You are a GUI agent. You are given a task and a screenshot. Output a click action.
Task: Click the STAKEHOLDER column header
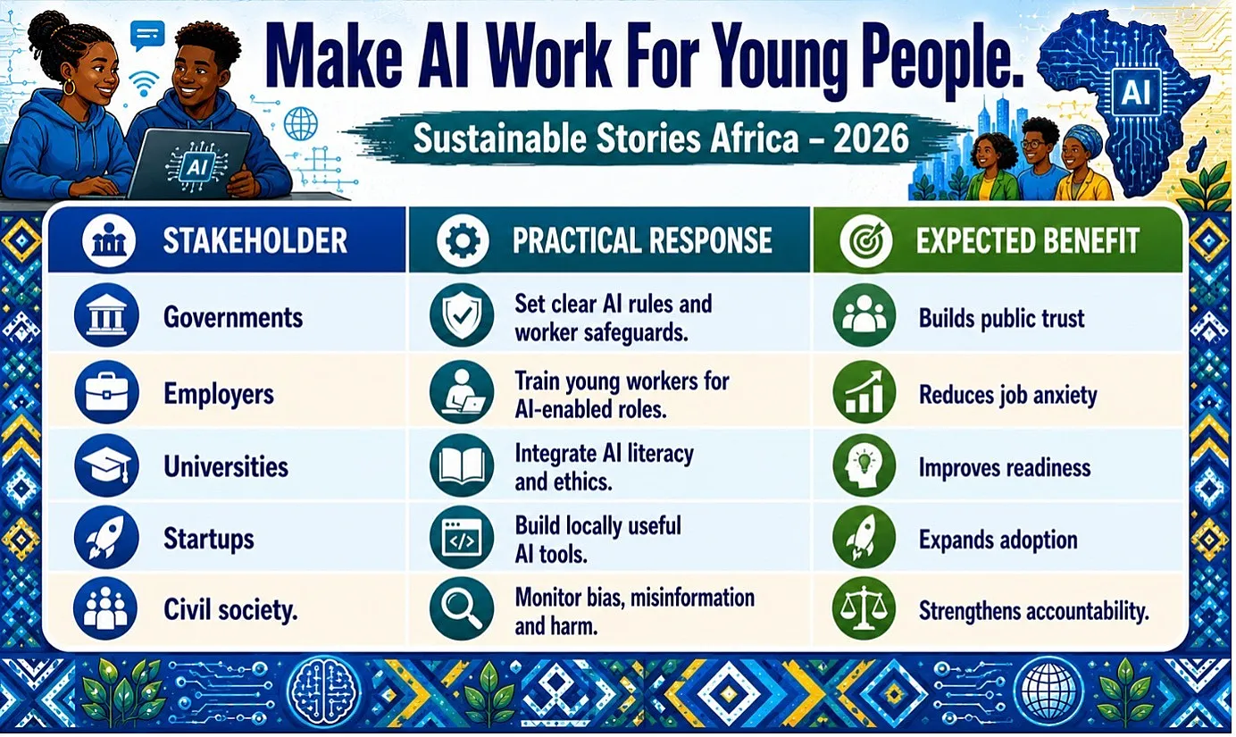pyautogui.click(x=255, y=240)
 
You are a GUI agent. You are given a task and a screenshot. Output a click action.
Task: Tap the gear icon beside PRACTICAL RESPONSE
pyautogui.click(x=463, y=240)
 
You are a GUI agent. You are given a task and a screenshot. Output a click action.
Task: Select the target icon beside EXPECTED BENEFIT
pyautogui.click(x=865, y=240)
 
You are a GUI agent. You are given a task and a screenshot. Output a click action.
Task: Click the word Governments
pyautogui.click(x=233, y=317)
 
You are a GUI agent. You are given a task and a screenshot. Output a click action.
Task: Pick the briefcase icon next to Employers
pyautogui.click(x=106, y=392)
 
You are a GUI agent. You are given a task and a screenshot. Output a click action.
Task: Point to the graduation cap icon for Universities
pyautogui.click(x=106, y=465)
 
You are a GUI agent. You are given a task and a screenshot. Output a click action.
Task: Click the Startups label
pyautogui.click(x=209, y=539)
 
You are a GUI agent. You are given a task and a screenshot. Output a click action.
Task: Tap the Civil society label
pyautogui.click(x=230, y=610)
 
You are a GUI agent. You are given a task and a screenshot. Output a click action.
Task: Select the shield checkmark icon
pyautogui.click(x=462, y=315)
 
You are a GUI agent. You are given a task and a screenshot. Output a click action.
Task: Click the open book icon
pyautogui.click(x=462, y=465)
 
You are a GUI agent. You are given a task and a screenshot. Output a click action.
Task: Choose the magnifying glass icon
pyautogui.click(x=462, y=608)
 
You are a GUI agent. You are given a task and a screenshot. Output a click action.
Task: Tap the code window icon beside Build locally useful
pyautogui.click(x=462, y=537)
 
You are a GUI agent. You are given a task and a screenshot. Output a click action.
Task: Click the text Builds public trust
pyautogui.click(x=1001, y=319)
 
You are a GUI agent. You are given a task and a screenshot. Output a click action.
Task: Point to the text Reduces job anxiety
pyautogui.click(x=1007, y=395)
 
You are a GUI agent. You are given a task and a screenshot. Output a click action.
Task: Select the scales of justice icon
pyautogui.click(x=864, y=608)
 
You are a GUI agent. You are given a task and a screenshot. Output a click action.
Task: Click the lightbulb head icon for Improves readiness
pyautogui.click(x=864, y=465)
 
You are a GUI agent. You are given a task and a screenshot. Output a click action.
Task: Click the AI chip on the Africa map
pyautogui.click(x=1136, y=92)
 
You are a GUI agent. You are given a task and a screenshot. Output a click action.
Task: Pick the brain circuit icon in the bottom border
pyautogui.click(x=324, y=691)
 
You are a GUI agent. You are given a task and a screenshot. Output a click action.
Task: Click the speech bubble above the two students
pyautogui.click(x=147, y=35)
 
